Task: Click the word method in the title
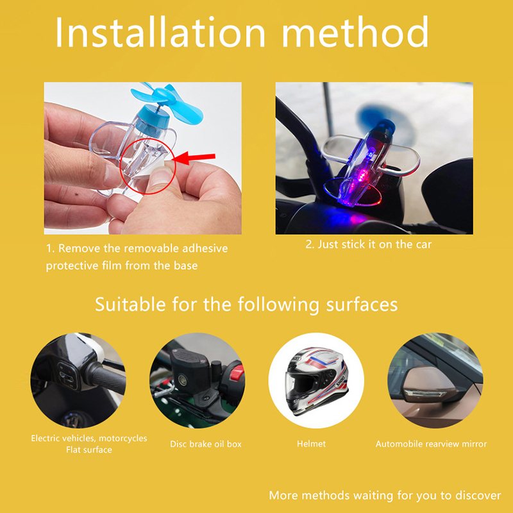(x=355, y=31)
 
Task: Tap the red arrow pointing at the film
(x=194, y=158)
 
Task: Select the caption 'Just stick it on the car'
(x=374, y=244)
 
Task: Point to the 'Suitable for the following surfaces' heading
(x=246, y=305)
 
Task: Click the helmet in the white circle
(x=315, y=380)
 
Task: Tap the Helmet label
(x=311, y=444)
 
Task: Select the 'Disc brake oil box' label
(x=206, y=444)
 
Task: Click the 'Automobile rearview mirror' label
(x=431, y=444)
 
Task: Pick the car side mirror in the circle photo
(x=429, y=385)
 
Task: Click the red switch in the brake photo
(x=237, y=373)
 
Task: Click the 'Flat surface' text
(x=89, y=450)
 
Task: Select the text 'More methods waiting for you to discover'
(x=385, y=495)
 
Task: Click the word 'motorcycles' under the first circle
(x=123, y=439)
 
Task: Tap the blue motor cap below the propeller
(x=153, y=122)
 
